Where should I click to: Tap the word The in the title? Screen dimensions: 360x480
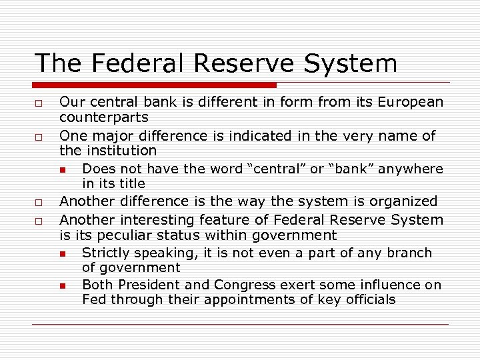(x=57, y=63)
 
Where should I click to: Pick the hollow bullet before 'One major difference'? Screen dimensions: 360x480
(x=39, y=137)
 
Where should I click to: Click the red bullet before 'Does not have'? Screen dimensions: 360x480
(x=61, y=169)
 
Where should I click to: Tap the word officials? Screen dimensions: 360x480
(x=371, y=299)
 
